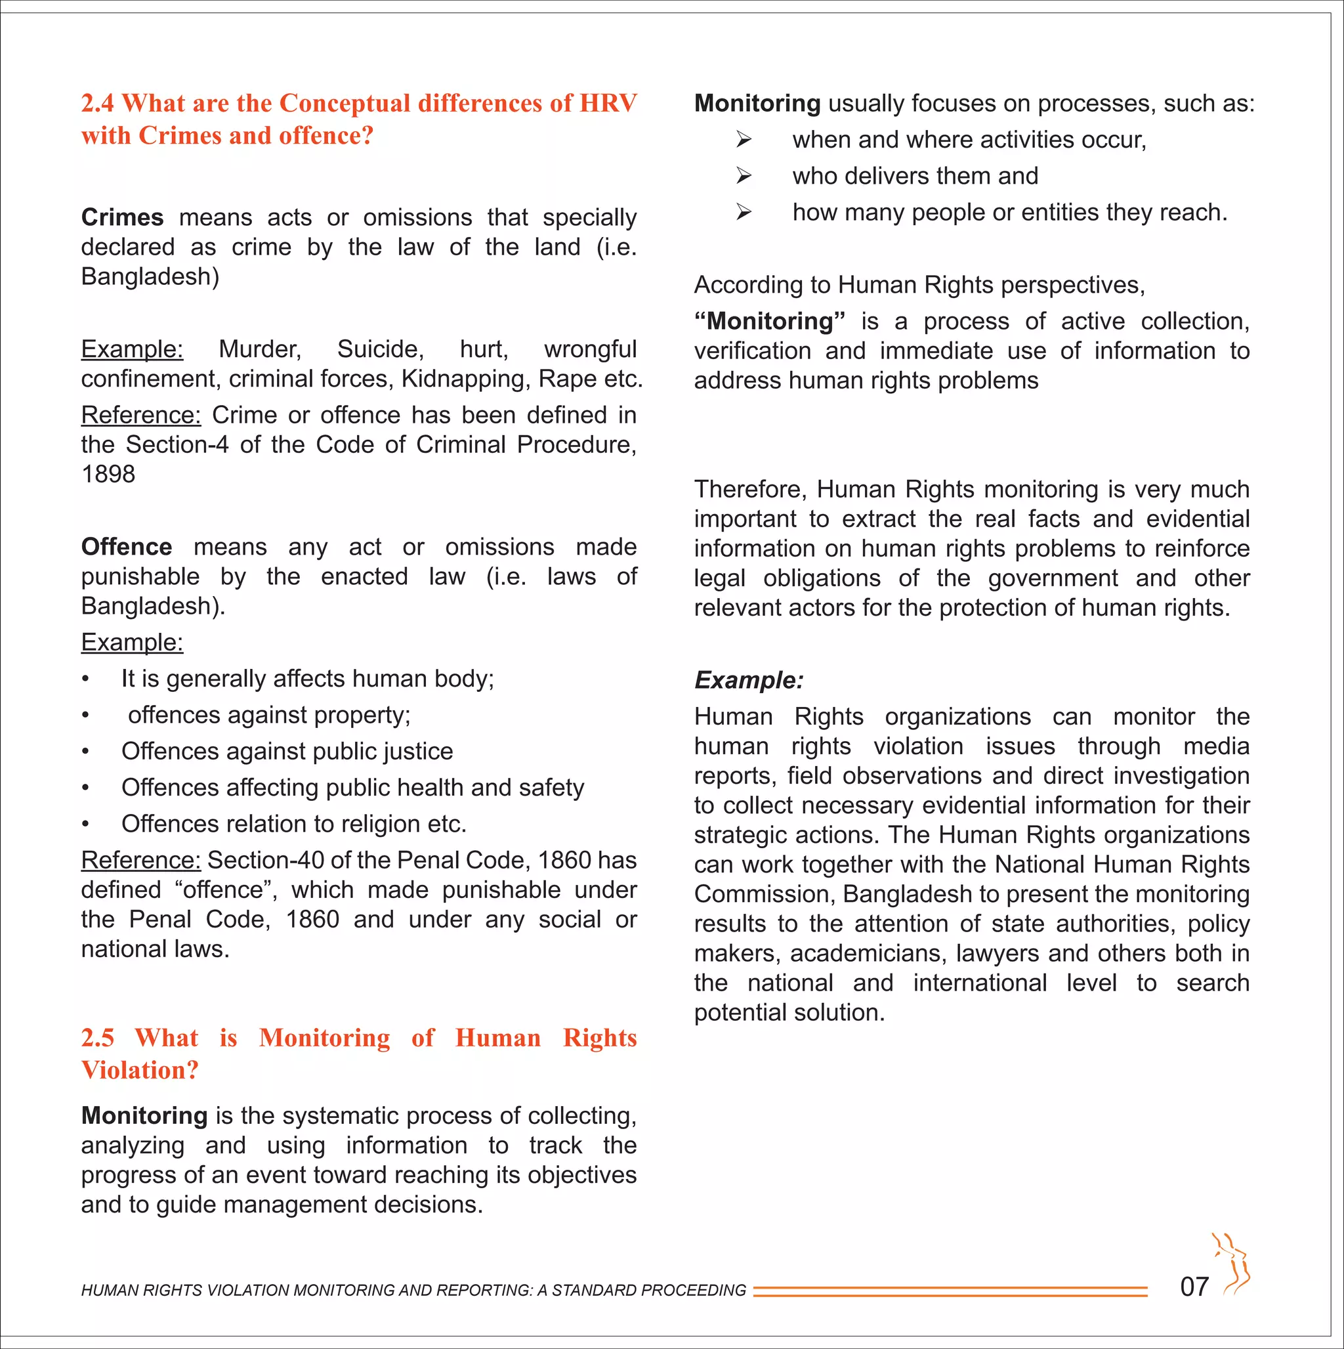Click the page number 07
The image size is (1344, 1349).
[x=1194, y=1286]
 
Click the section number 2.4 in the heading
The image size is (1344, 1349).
[x=97, y=103]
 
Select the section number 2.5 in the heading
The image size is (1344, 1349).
[x=97, y=1038]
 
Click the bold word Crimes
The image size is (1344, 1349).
[x=122, y=218]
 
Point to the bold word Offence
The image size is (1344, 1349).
[x=127, y=547]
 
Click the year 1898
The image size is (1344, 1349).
[x=108, y=474]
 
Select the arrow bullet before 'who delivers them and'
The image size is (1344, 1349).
[x=744, y=176]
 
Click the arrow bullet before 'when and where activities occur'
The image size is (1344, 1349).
[x=744, y=140]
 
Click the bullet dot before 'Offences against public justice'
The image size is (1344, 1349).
[x=85, y=752]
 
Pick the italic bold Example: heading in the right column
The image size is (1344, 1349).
[x=748, y=680]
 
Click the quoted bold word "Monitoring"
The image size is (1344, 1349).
[x=768, y=321]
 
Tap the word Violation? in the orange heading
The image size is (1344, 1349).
[x=140, y=1070]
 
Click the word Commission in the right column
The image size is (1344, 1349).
[x=763, y=895]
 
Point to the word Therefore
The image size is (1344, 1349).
[x=750, y=490]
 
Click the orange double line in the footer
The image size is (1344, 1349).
[x=950, y=1291]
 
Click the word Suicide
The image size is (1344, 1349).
[x=380, y=349]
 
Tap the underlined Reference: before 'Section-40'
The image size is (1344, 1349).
[x=140, y=860]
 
